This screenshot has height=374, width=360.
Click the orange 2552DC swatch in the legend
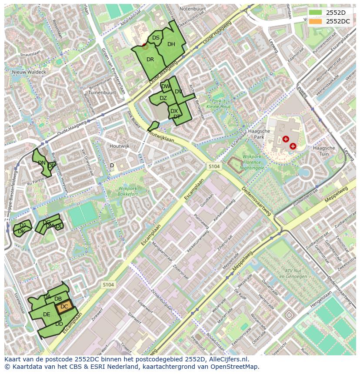click(316, 21)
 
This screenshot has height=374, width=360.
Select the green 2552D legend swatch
click(316, 13)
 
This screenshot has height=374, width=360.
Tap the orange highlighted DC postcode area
click(64, 307)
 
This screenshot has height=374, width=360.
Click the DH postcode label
click(171, 44)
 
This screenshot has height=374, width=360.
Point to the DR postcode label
click(150, 60)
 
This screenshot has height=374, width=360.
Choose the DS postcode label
click(156, 38)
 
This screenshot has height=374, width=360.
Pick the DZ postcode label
click(163, 98)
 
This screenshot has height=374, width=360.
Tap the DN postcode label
click(42, 163)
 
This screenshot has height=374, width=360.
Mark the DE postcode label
click(47, 314)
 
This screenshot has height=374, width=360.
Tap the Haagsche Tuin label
click(324, 151)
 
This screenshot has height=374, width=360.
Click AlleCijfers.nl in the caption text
click(227, 359)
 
